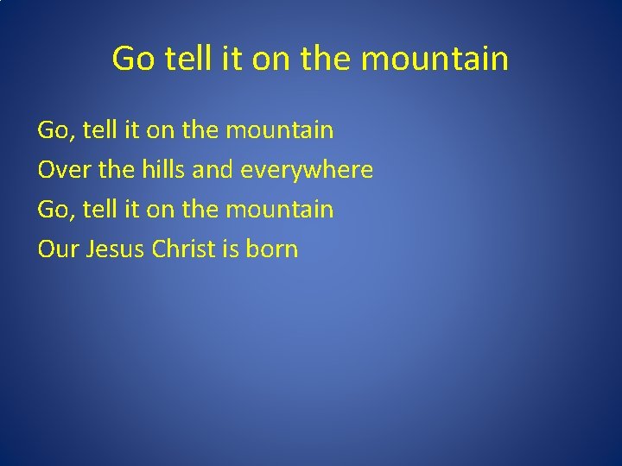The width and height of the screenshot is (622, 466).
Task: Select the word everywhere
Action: click(307, 170)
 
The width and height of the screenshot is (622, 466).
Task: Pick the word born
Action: click(271, 249)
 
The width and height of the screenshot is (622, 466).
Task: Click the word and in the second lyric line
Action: click(213, 170)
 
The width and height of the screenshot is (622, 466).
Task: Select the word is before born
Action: click(230, 249)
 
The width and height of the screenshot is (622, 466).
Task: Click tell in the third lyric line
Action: click(96, 210)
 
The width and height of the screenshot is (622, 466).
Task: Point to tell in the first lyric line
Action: click(96, 131)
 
